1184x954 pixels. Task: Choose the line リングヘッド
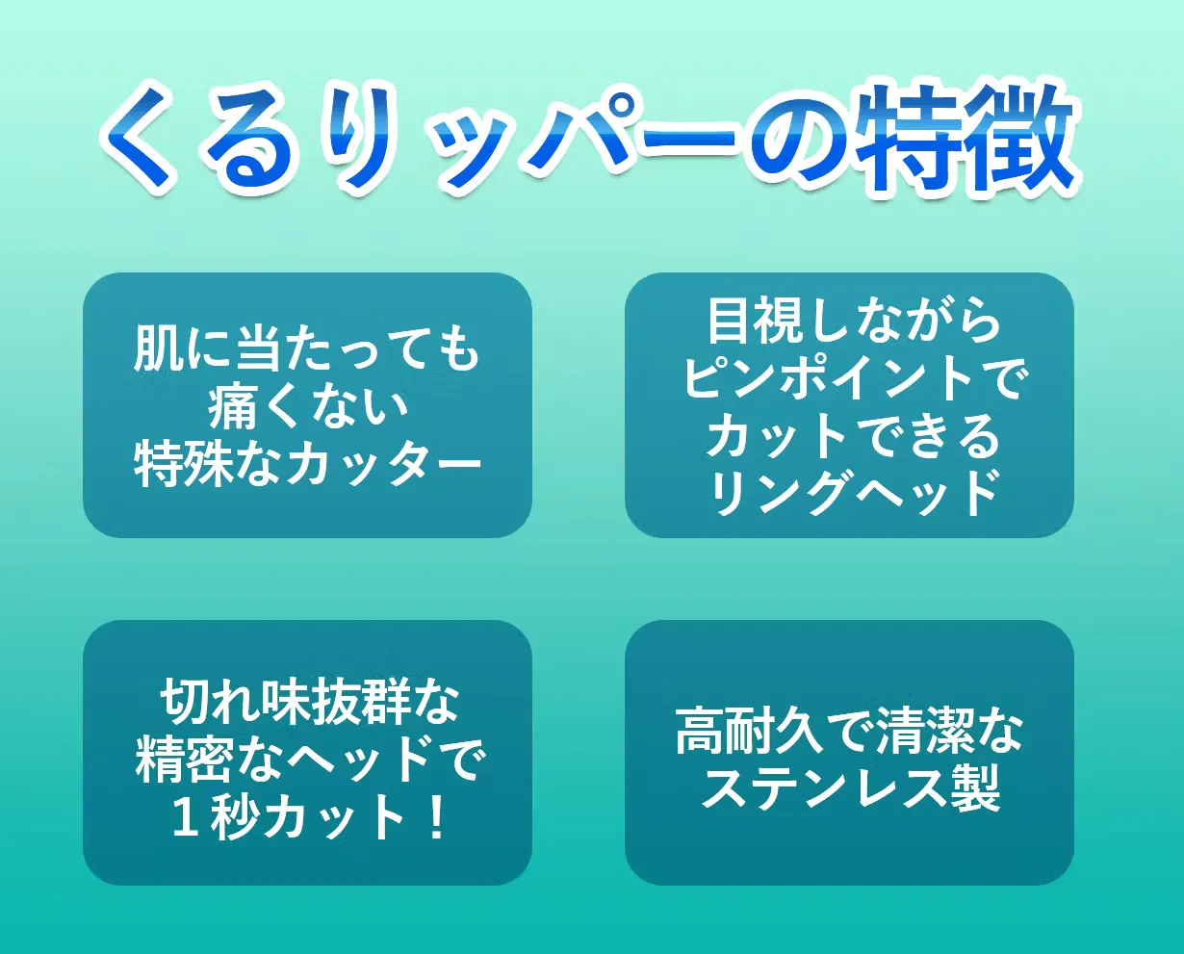pyautogui.click(x=852, y=493)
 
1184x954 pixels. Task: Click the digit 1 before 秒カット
pyautogui.click(x=186, y=819)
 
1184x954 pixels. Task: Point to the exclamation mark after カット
pyautogui.click(x=436, y=819)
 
